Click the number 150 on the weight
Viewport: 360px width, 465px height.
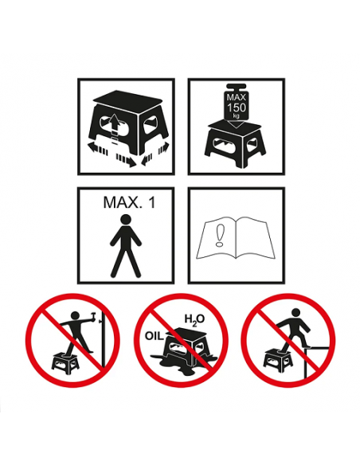tap(237, 107)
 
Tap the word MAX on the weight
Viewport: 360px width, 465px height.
tap(237, 97)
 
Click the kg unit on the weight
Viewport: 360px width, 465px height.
tap(236, 115)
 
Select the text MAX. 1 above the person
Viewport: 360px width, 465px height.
tap(129, 202)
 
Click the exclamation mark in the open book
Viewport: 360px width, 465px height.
tap(220, 235)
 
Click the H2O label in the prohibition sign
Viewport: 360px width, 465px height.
tap(195, 320)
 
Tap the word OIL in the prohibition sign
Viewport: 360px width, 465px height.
tap(155, 336)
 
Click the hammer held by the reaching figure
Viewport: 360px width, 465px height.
tap(93, 315)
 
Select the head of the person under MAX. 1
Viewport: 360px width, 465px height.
tap(126, 219)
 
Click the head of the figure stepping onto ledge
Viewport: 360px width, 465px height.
tap(296, 313)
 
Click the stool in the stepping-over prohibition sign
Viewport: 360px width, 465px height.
tap(278, 358)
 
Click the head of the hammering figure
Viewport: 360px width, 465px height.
tap(76, 315)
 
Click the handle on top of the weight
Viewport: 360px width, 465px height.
tap(237, 88)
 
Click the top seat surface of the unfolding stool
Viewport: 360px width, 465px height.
tap(127, 101)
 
